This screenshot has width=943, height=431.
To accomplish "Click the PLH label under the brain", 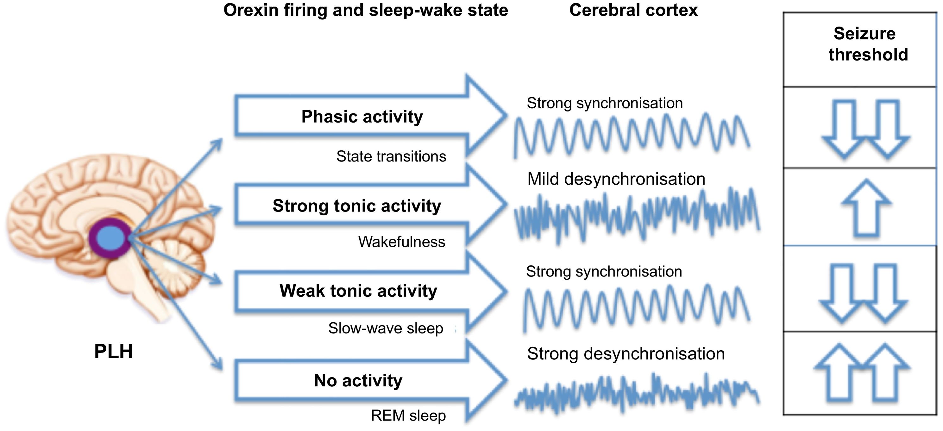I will point(113,352).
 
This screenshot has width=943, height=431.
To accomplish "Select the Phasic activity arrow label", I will point(362,117).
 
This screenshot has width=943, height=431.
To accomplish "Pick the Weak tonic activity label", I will point(358,291).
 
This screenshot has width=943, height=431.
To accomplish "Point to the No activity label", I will point(358,380).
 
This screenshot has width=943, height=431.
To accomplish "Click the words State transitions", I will point(391,156).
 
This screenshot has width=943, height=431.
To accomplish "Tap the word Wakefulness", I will point(402,242).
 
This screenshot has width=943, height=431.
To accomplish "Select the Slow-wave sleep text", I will point(386,328).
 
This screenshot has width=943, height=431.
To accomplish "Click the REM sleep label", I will point(408,415).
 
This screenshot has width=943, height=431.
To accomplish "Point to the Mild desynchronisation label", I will point(616,179).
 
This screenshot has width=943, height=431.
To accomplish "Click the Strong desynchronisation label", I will point(626,354).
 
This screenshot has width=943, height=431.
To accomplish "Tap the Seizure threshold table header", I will point(868,44).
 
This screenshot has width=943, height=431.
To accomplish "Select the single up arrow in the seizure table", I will point(866,208).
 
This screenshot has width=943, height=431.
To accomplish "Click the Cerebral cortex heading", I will point(633,10).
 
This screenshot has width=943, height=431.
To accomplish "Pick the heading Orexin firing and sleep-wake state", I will point(366,10).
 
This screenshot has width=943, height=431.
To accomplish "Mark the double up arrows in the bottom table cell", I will point(862,373).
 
